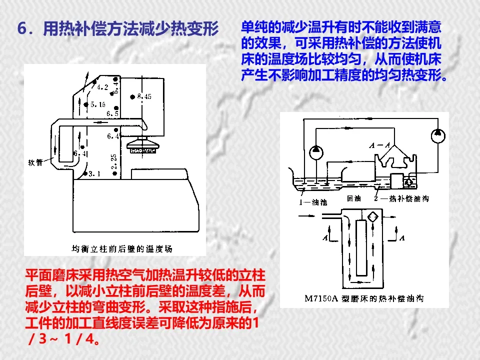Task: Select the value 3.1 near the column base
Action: pos(94,174)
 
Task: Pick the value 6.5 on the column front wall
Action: pos(112,114)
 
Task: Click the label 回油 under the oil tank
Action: pos(354,198)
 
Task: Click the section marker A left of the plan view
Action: pos(325,238)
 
